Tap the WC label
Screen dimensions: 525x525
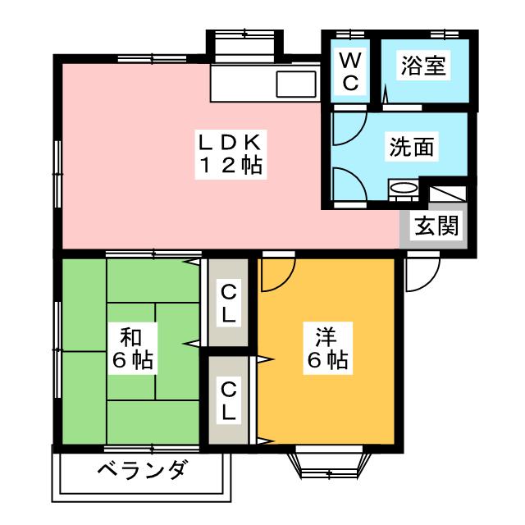(349, 71)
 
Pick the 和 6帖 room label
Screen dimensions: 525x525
(131, 348)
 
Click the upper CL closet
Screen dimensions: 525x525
(227, 301)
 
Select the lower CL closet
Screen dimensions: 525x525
(227, 399)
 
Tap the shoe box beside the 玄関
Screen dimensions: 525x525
(448, 194)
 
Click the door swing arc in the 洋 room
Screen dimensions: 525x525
(273, 276)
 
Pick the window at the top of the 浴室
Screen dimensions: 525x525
(443, 34)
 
